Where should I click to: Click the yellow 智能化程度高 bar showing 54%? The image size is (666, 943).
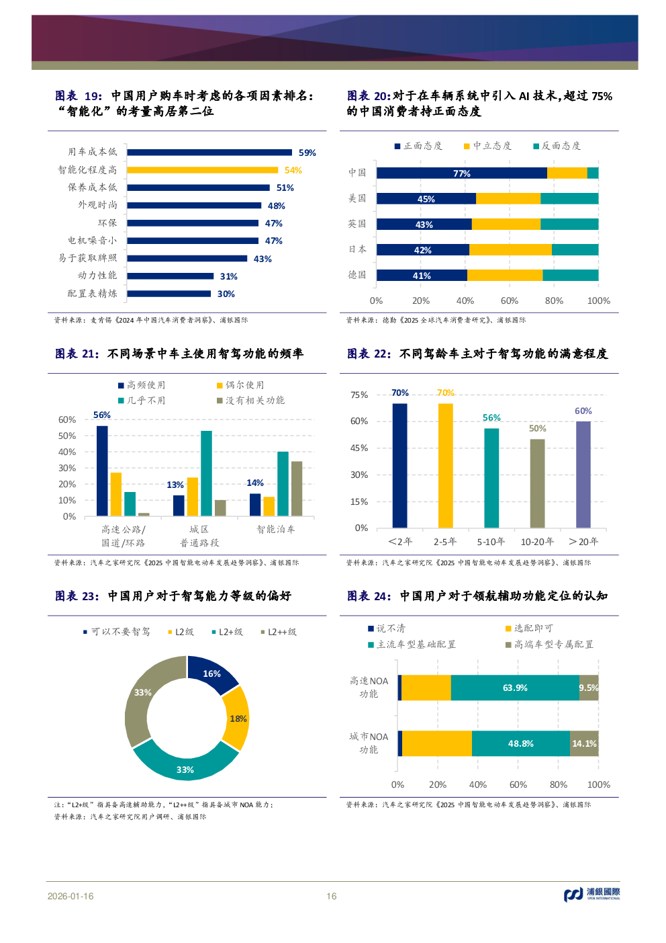(x=203, y=170)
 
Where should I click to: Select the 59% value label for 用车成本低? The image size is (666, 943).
(x=307, y=153)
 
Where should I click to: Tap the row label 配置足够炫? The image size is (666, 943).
(x=92, y=294)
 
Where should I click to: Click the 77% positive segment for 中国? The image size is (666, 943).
(x=461, y=173)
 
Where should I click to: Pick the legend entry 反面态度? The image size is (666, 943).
(x=557, y=146)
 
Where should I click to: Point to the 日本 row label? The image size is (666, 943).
(x=357, y=249)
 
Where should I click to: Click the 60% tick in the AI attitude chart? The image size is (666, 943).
(x=510, y=300)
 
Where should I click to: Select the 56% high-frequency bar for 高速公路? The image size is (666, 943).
(x=102, y=470)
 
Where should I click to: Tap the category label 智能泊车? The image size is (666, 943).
(x=275, y=530)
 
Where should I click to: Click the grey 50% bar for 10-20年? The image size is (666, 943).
(x=537, y=483)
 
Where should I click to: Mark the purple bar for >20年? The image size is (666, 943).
(x=583, y=475)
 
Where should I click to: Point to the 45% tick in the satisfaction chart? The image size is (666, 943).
(x=359, y=448)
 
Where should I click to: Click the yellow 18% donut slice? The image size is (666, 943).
(x=237, y=719)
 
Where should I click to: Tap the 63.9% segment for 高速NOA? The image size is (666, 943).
(x=515, y=688)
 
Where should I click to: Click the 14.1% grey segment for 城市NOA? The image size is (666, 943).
(x=584, y=744)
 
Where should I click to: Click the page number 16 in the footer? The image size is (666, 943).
(x=332, y=896)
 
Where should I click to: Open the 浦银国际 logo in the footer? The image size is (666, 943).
(x=592, y=894)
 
